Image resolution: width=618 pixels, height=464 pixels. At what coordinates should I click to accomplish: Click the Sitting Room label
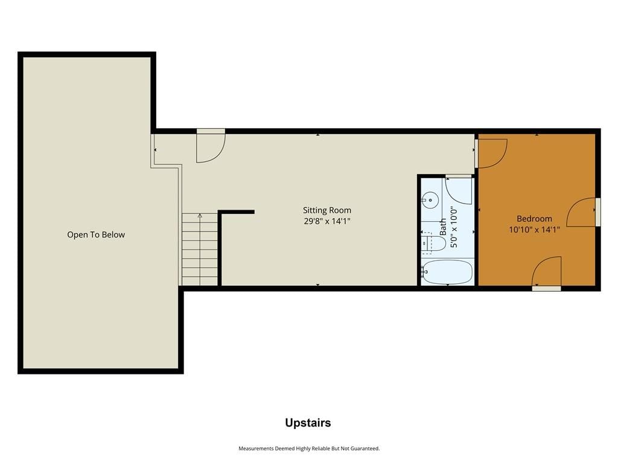click(x=327, y=210)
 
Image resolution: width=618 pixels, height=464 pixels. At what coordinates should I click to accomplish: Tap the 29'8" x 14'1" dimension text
click(x=327, y=221)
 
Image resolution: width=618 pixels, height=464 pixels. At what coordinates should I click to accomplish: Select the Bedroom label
click(x=534, y=219)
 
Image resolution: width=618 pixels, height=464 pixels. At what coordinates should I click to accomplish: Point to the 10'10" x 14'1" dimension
click(x=534, y=230)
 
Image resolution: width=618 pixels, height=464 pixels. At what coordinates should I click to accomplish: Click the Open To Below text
click(x=96, y=235)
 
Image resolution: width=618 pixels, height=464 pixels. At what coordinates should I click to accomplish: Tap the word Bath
click(x=443, y=227)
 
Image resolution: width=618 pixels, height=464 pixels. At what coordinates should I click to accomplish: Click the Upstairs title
click(x=308, y=423)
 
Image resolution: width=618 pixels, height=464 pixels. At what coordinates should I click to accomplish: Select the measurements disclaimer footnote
click(x=309, y=448)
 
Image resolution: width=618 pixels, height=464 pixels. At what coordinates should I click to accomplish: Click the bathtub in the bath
click(x=447, y=271)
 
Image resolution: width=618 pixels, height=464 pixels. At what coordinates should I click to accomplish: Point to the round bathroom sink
click(x=430, y=200)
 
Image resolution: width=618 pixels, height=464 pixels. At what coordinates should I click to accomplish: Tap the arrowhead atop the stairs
click(x=200, y=216)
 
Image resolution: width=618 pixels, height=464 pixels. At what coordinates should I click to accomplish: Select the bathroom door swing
click(x=459, y=190)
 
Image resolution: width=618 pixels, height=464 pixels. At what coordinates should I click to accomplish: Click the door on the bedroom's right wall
click(x=582, y=212)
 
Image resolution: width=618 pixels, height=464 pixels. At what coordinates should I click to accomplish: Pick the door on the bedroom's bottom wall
click(x=547, y=272)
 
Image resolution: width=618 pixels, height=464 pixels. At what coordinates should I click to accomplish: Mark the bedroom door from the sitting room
click(x=491, y=153)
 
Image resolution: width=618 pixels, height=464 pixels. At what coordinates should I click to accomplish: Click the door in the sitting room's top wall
click(x=211, y=146)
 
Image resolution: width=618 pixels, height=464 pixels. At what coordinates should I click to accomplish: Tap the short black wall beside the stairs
click(x=236, y=212)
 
